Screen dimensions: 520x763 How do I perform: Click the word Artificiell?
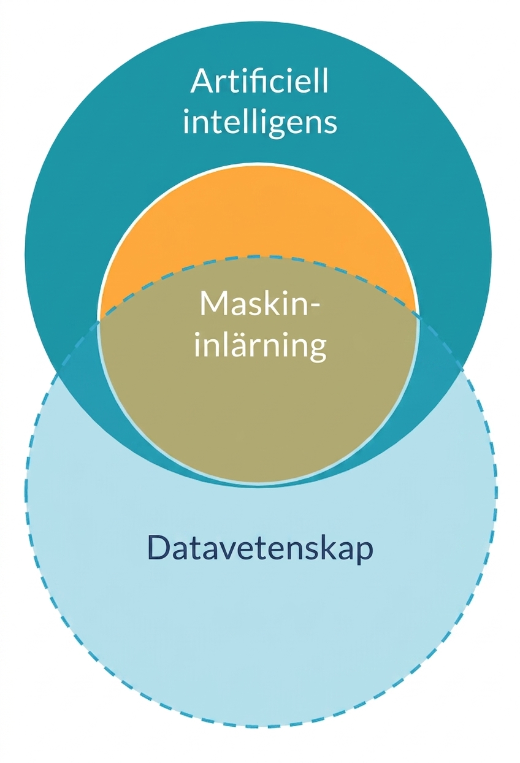259,81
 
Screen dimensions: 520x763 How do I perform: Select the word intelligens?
260,122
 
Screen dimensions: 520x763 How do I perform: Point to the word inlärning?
261,347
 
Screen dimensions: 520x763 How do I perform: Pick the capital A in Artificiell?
203,81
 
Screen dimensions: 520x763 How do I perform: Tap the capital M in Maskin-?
213,304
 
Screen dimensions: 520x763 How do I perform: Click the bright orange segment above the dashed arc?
259,218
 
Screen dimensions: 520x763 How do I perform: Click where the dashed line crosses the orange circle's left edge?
99,320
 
